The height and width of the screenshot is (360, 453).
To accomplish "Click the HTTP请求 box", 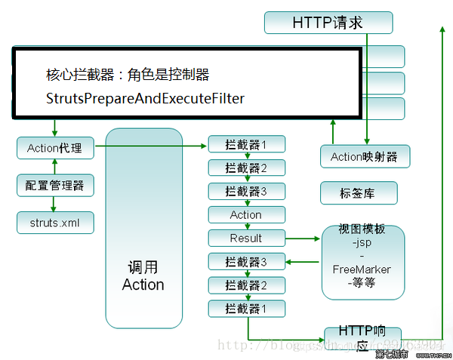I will point(328,23).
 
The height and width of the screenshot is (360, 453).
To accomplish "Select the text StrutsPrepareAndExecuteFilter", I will point(146,99).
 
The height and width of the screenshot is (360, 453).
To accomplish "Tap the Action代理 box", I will point(55,148).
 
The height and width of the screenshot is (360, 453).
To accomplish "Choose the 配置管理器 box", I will point(55,185).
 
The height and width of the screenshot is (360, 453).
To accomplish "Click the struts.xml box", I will point(55,222).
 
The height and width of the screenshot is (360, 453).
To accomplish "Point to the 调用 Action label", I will point(143,276).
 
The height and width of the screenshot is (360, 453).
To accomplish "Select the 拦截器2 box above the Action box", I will point(246,168).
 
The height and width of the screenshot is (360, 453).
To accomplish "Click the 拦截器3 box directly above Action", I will point(246,191).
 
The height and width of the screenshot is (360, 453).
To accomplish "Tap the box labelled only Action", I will point(246,214).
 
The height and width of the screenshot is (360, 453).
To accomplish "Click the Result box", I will point(246,238).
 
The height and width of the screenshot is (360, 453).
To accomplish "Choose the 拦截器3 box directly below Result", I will point(246,262).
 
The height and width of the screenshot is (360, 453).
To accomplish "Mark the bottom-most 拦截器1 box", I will point(246,308).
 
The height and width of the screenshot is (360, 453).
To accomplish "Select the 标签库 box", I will point(359,193).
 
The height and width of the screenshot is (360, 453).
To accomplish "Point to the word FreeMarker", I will point(362,269).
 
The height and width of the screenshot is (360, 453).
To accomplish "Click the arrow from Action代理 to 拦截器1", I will point(151,146).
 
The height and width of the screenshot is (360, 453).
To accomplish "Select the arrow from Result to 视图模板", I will point(302,238).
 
